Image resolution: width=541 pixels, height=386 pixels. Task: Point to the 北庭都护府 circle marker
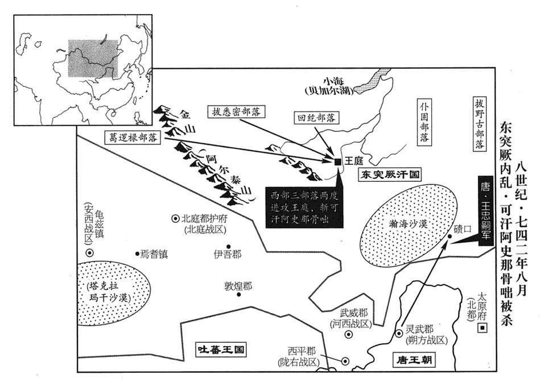coord(175,218)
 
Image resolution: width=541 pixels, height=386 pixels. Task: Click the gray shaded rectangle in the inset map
coord(93,59)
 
